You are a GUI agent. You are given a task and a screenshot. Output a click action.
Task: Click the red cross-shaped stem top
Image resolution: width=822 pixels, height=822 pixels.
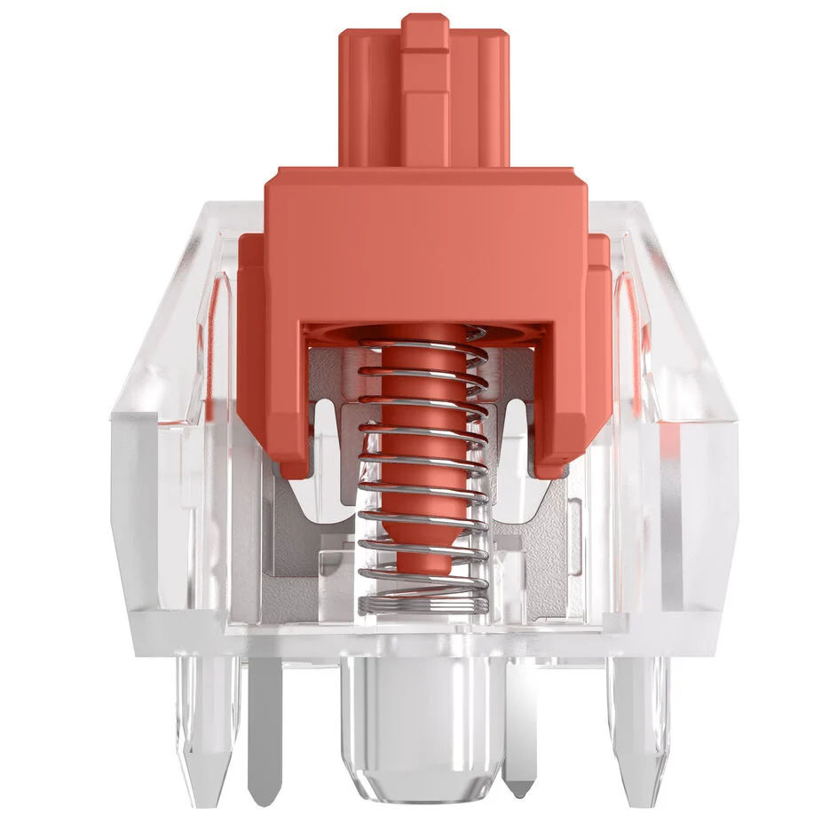coord(424,98)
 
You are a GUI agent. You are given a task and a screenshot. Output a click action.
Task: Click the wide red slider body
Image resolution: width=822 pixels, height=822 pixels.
coord(424,240)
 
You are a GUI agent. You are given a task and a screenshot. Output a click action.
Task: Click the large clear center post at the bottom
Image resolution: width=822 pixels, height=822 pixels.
coord(424,719)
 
